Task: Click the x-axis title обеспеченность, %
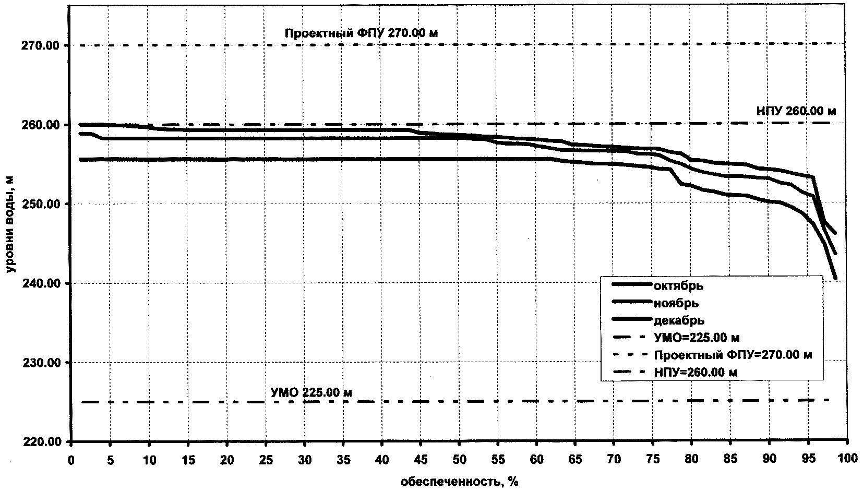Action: (459, 481)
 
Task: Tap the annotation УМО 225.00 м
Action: (311, 392)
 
